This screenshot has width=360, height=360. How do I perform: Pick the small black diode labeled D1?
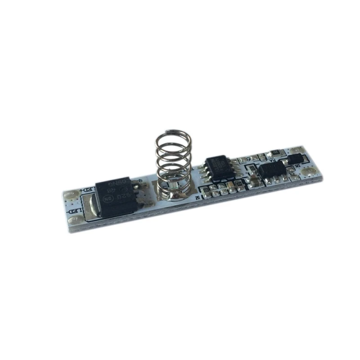[x=295, y=158]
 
